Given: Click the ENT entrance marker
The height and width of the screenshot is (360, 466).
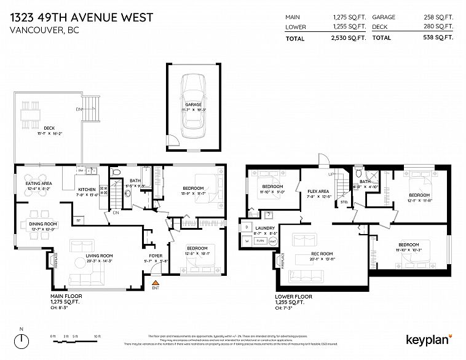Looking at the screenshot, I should coord(156,288).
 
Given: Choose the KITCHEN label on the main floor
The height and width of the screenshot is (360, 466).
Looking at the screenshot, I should coord(85,189).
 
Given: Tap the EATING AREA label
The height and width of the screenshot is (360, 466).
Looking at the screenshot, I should coord(38,184).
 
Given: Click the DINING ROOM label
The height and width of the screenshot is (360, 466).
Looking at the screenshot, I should coord(42,224).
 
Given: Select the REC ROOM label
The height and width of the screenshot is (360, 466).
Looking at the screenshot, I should coord(321,254).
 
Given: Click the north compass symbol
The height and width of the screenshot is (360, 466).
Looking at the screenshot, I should coord(22,340).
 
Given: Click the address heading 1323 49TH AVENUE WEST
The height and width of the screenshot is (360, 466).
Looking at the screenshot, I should coord(82,16).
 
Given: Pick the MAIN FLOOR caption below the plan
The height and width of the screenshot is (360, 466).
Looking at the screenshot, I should coord(66,295).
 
